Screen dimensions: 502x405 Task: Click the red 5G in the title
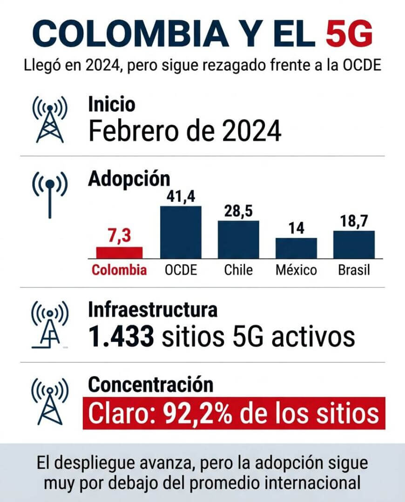pyautogui.click(x=349, y=33)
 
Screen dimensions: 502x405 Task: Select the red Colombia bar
pyautogui.click(x=119, y=252)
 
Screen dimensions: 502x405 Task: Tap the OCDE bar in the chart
pyautogui.click(x=181, y=232)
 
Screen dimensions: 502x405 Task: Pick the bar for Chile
pyautogui.click(x=238, y=239)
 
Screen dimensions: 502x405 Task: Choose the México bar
pyautogui.click(x=296, y=248)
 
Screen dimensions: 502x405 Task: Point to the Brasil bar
pyautogui.click(x=354, y=244)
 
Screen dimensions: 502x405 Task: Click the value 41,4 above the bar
pyautogui.click(x=181, y=197)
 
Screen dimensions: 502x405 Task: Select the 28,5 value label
pyautogui.click(x=238, y=212)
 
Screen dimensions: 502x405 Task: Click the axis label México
pyautogui.click(x=296, y=270)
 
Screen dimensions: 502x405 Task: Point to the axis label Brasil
pyautogui.click(x=354, y=270)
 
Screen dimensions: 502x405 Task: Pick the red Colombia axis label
pyautogui.click(x=119, y=270)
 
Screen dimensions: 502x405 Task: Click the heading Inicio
pyautogui.click(x=112, y=104)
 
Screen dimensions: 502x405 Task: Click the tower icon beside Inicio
pyautogui.click(x=50, y=120)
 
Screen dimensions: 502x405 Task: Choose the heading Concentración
pyautogui.click(x=151, y=384)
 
